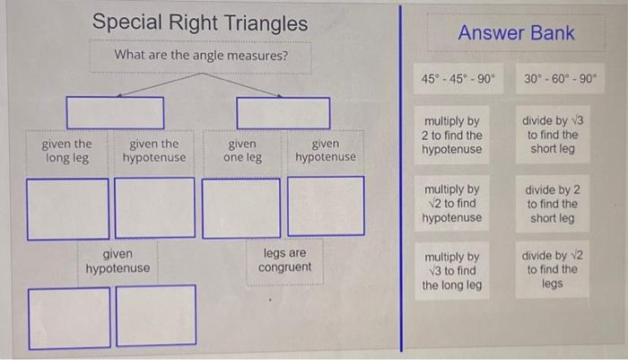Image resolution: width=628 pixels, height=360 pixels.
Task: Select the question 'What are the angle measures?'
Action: pyautogui.click(x=201, y=56)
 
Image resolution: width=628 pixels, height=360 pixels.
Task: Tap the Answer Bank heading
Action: pyautogui.click(x=516, y=33)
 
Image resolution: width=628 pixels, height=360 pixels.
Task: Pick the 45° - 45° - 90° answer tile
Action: pyautogui.click(x=457, y=79)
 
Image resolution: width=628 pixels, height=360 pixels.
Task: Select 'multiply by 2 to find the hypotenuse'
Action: pyautogui.click(x=452, y=136)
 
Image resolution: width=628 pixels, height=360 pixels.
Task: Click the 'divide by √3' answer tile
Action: pyautogui.click(x=553, y=135)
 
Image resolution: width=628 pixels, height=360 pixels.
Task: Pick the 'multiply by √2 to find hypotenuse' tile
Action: pyautogui.click(x=452, y=204)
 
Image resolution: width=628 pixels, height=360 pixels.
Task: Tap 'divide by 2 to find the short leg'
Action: pyautogui.click(x=553, y=204)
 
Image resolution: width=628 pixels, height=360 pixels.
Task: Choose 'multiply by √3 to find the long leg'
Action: pyautogui.click(x=452, y=271)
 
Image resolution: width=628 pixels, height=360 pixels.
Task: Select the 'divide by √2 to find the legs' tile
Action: pyautogui.click(x=553, y=271)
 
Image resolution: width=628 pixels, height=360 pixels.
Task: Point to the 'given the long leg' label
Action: pyautogui.click(x=67, y=151)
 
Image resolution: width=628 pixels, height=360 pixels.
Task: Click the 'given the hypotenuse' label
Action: pyautogui.click(x=153, y=151)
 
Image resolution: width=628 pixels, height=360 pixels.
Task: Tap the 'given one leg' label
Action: pyautogui.click(x=242, y=151)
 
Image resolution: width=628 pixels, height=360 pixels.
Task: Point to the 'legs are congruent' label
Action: pyautogui.click(x=284, y=260)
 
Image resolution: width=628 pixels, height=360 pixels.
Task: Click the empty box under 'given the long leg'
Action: pyautogui.click(x=67, y=209)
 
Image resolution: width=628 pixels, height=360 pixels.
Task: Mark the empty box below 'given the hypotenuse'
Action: pyautogui.click(x=155, y=209)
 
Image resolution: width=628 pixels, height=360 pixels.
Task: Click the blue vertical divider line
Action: pyautogui.click(x=401, y=180)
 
